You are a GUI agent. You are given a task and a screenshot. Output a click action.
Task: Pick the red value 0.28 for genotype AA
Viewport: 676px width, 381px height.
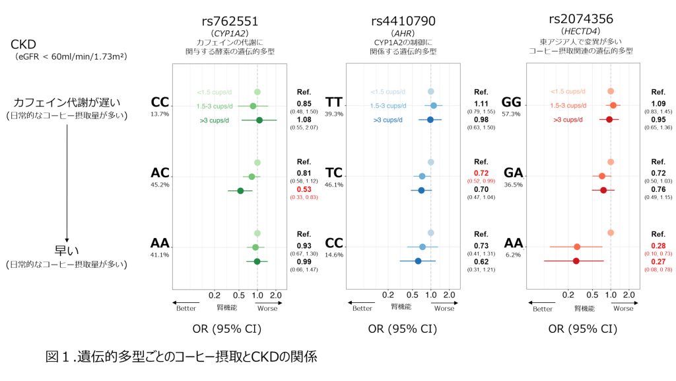(659, 245)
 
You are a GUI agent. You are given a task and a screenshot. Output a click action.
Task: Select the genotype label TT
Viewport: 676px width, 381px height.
(336, 103)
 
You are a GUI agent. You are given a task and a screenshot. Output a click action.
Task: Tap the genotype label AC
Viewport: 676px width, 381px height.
(160, 173)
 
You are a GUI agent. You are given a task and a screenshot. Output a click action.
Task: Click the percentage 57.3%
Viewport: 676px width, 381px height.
(511, 114)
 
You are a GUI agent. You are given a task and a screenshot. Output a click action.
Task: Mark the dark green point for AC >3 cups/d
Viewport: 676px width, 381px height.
(240, 190)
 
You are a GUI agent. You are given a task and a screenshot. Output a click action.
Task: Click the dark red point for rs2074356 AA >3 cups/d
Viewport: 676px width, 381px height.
(576, 261)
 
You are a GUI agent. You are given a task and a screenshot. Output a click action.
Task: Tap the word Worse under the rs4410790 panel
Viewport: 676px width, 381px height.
(444, 308)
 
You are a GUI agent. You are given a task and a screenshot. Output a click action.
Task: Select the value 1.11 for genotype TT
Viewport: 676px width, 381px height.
(481, 105)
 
